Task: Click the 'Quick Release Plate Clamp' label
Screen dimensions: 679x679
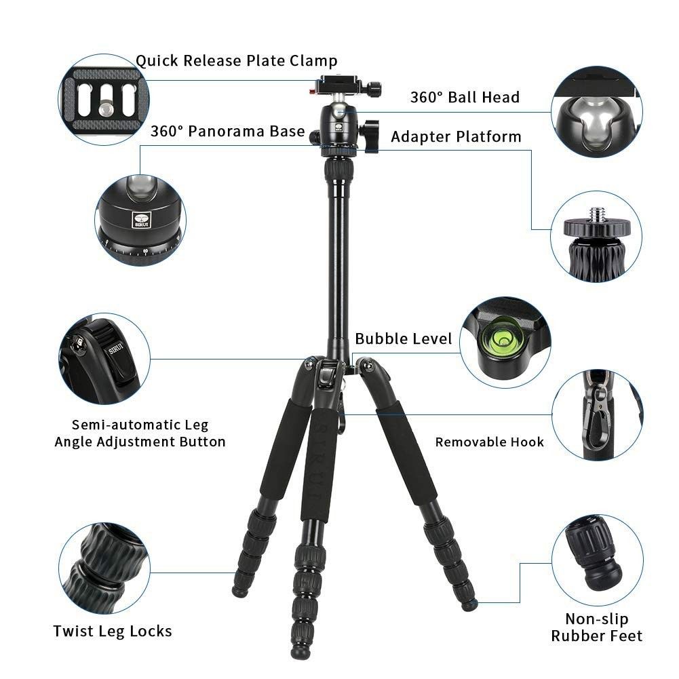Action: pos(236,61)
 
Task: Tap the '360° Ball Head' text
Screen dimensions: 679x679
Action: pos(465,97)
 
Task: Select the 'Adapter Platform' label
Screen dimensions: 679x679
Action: pos(456,137)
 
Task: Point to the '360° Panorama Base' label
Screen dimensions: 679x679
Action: pos(227,131)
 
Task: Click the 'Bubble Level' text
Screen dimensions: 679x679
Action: pos(403,338)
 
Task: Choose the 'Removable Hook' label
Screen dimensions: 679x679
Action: pos(489,442)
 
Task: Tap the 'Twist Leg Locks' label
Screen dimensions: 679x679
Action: pos(113,632)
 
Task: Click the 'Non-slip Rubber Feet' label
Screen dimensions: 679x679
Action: pos(596,627)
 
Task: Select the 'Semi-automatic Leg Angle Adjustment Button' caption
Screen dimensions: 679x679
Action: pos(140,433)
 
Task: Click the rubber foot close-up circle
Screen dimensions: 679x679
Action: pos(596,559)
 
